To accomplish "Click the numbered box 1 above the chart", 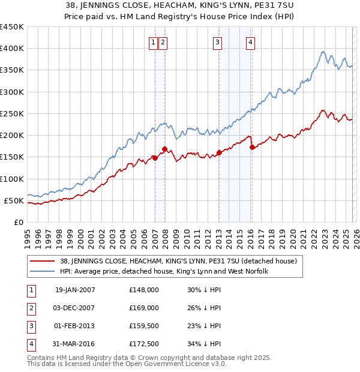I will click(154, 42).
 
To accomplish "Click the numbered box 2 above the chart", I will click(163, 42).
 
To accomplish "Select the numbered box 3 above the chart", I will click(217, 42).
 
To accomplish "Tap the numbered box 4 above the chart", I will click(250, 42).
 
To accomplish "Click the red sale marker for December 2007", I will click(164, 149).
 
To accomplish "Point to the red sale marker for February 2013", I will click(219, 152).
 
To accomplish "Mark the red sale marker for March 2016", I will click(252, 147).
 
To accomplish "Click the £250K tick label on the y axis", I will click(12, 113).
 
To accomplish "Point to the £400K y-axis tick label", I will click(12, 49).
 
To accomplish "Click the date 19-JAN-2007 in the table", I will click(75, 290).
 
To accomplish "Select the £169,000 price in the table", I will click(144, 308).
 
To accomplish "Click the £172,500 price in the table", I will click(144, 344).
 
